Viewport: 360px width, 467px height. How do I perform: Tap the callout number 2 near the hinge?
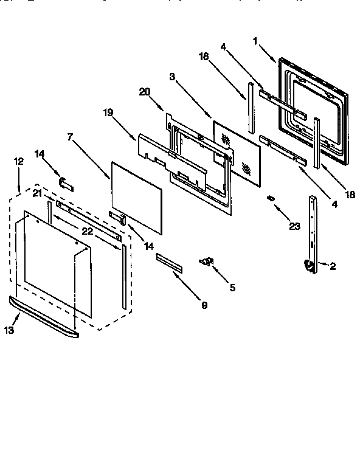coord(333,265)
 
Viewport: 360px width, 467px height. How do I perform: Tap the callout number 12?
coord(18,161)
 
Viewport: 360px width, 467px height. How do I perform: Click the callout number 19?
coord(107,112)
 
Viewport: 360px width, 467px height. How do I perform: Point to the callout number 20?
coord(144,91)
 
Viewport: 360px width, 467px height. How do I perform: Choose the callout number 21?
coord(37,193)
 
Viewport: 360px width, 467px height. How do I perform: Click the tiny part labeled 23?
coord(271,199)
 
